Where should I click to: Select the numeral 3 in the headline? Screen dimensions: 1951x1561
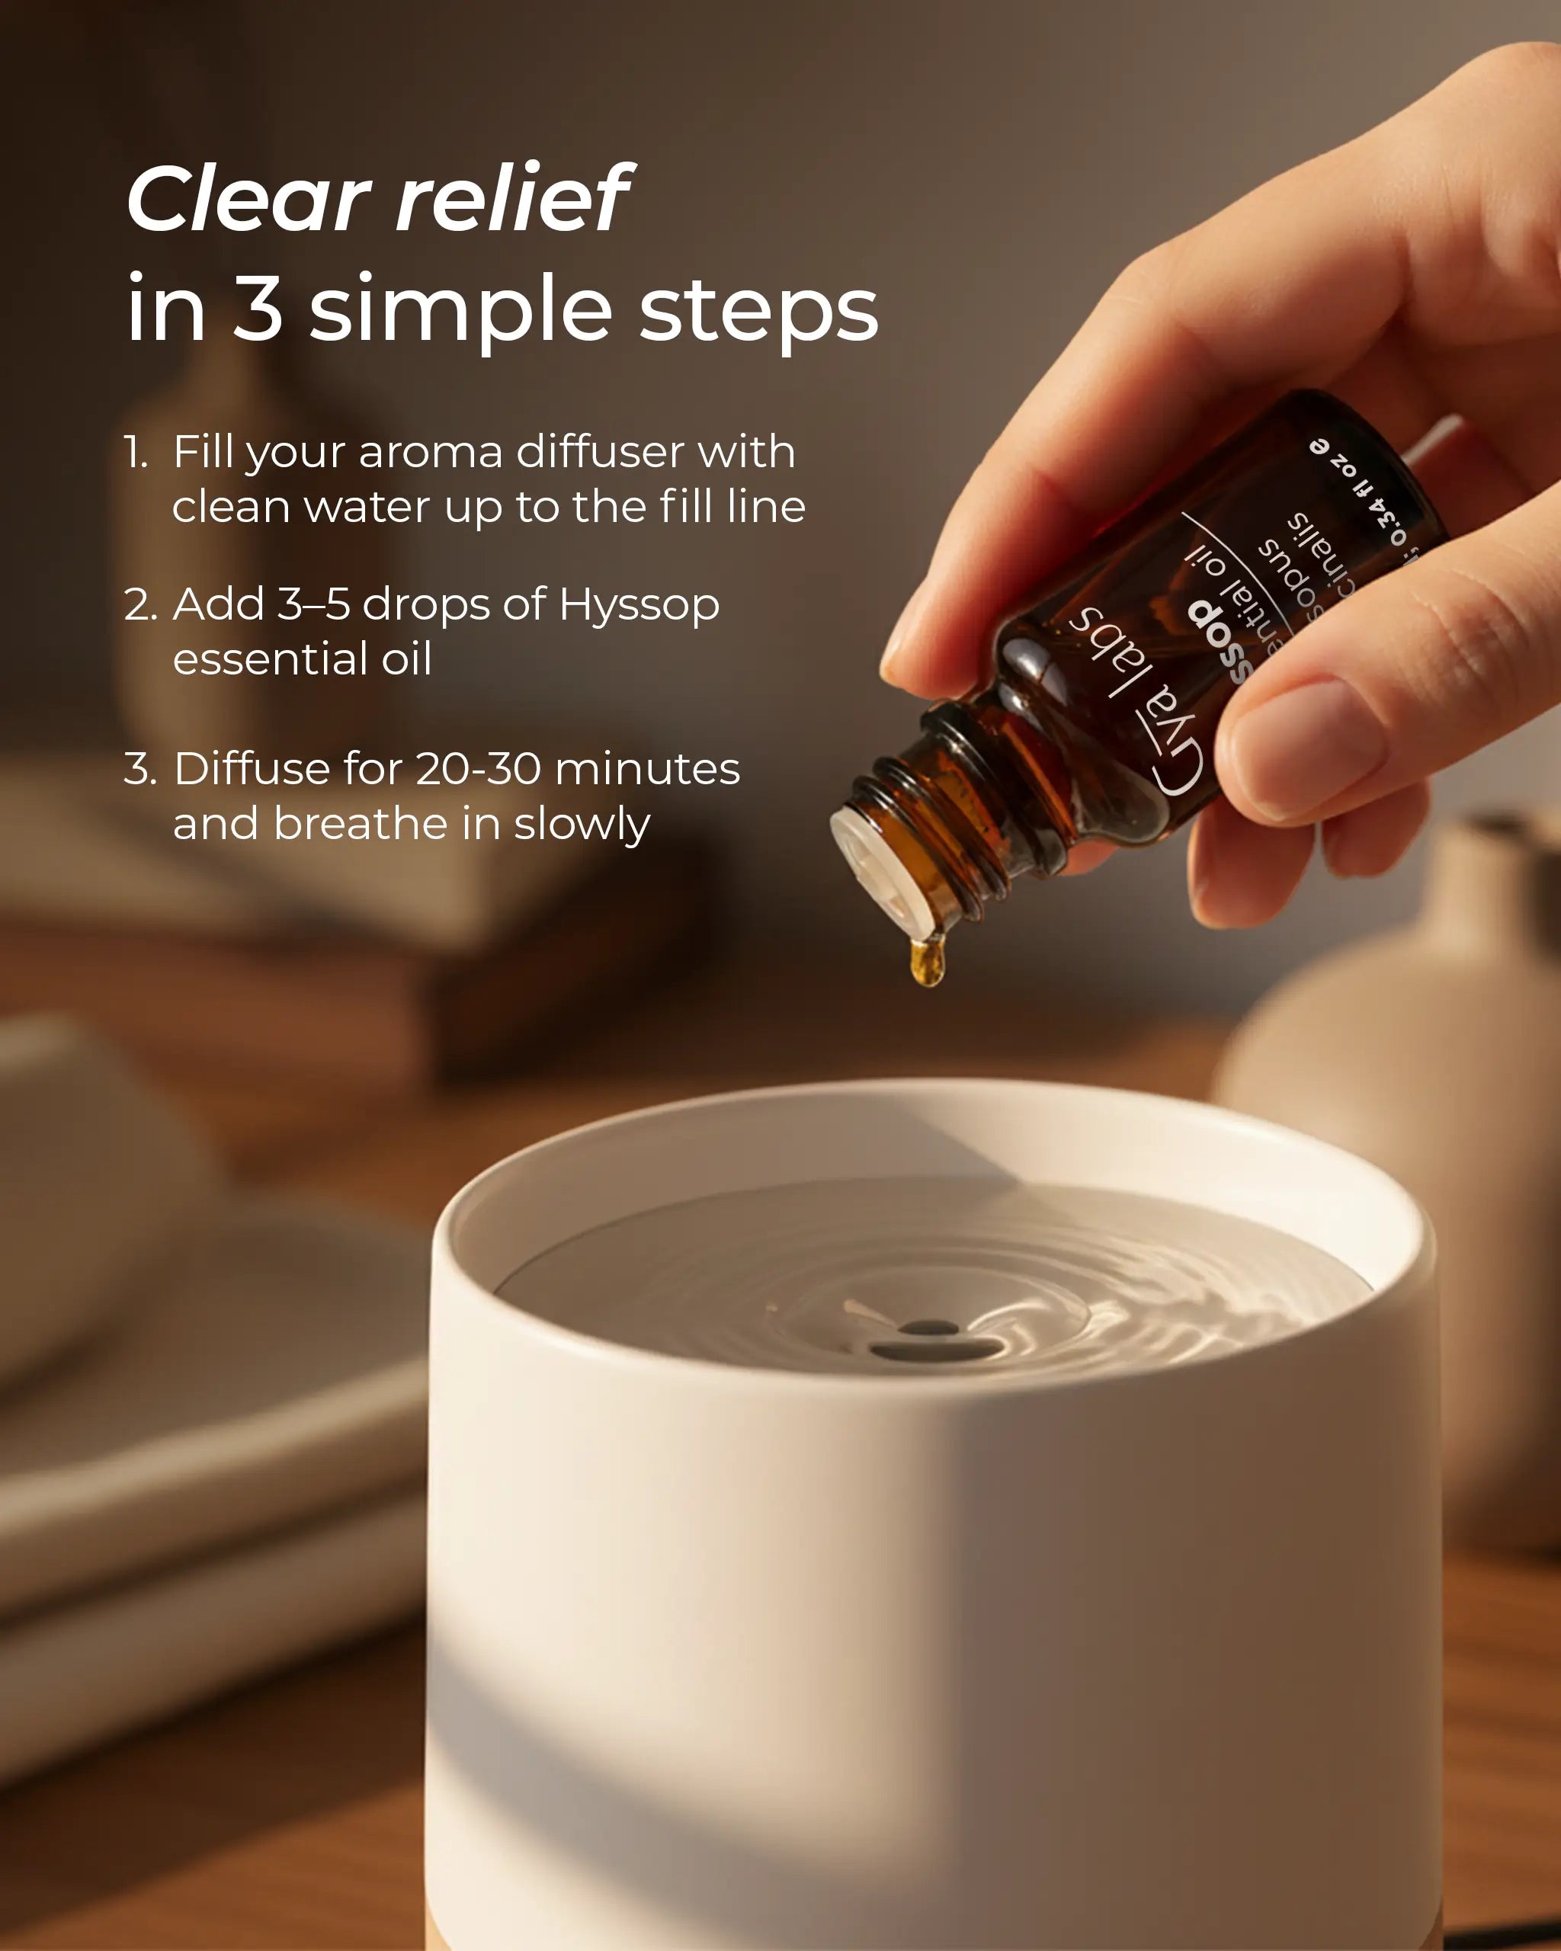pos(258,309)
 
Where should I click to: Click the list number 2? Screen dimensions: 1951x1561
pos(139,605)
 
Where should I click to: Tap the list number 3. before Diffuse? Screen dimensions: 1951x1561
pos(139,770)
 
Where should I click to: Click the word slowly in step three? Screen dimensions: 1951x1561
pos(581,825)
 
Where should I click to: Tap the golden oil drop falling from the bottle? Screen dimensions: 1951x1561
pos(928,961)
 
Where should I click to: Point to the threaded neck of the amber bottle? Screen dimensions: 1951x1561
pos(941,815)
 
